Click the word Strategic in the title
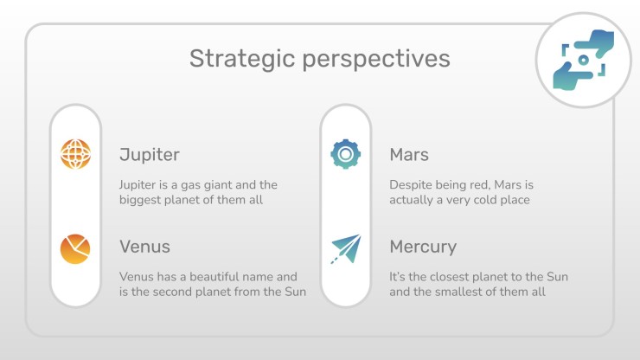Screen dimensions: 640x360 click(x=242, y=59)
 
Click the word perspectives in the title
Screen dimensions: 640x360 click(x=376, y=60)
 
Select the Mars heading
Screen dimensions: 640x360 click(x=409, y=155)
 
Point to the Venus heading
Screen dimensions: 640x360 click(x=145, y=247)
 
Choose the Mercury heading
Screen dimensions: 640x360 click(x=423, y=247)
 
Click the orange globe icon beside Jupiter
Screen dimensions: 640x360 click(x=75, y=154)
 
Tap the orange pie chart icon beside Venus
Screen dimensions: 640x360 click(x=75, y=249)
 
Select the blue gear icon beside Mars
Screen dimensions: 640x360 click(x=346, y=154)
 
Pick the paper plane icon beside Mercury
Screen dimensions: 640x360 click(x=346, y=249)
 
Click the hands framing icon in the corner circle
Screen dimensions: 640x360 click(x=584, y=60)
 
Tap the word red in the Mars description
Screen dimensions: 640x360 click(x=480, y=185)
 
